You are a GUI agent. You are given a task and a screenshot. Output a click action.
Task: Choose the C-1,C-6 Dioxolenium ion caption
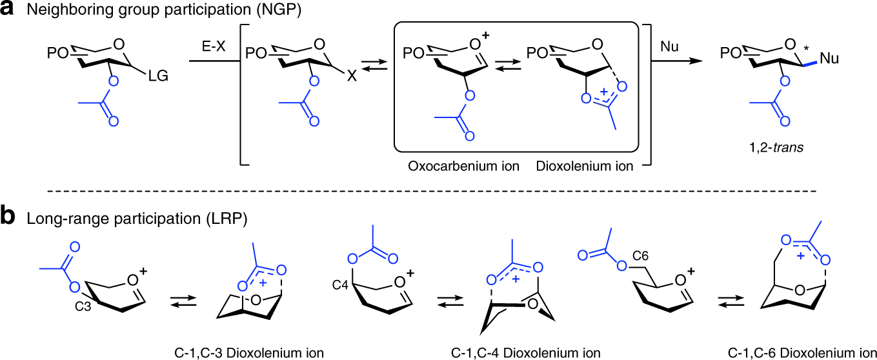802,352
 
